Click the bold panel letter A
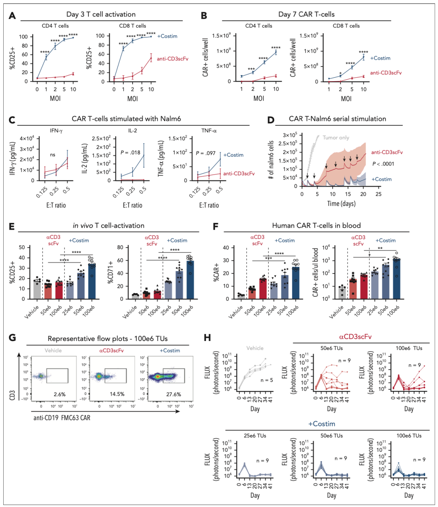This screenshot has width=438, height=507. click(x=12, y=16)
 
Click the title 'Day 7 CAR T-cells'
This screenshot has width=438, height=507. click(x=306, y=14)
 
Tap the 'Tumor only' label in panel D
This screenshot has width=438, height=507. click(x=336, y=138)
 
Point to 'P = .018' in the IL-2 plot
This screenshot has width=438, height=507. click(x=130, y=153)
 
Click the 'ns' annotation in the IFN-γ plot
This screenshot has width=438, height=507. click(x=52, y=155)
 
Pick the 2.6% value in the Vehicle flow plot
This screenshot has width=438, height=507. click(x=59, y=394)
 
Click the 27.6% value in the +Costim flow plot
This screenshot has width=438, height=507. click(x=174, y=394)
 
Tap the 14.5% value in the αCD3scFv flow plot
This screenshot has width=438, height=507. click(x=117, y=394)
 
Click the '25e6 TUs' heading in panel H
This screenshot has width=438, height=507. click(x=255, y=436)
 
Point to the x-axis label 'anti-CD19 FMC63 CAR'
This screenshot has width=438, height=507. click(x=62, y=418)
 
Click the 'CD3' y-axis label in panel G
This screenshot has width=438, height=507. click(x=12, y=395)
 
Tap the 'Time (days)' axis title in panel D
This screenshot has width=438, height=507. click(x=341, y=203)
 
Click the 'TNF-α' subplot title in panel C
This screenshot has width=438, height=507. click(x=209, y=131)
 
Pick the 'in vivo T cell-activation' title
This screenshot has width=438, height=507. click(x=108, y=226)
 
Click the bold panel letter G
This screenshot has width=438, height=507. click(x=12, y=338)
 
